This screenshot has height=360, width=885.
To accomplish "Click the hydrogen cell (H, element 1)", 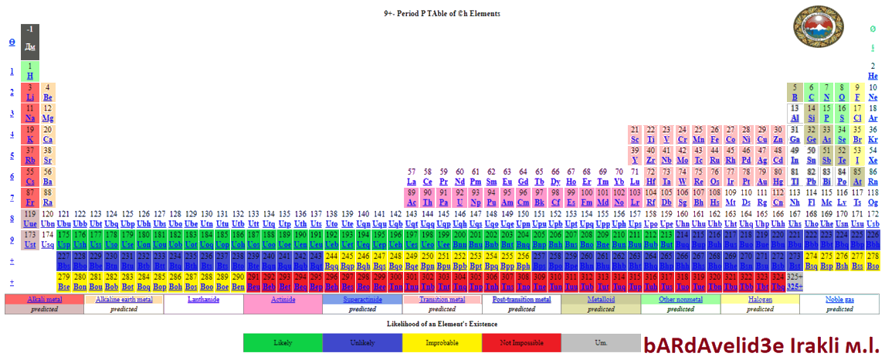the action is click(29, 71).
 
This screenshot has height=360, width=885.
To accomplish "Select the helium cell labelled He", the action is click(873, 71).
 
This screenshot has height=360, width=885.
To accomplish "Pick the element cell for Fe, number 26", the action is click(714, 134).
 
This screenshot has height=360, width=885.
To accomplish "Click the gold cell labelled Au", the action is click(763, 176).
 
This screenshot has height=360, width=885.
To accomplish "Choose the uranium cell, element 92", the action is click(459, 197).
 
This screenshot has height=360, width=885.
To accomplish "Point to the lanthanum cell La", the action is click(412, 176).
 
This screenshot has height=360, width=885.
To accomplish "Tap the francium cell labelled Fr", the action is click(29, 197).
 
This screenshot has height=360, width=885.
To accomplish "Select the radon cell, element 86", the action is click(873, 176).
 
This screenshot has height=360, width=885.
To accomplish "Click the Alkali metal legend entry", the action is click(43, 299).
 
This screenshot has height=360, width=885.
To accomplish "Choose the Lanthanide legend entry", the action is click(203, 299).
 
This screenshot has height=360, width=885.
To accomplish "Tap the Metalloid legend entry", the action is click(601, 299).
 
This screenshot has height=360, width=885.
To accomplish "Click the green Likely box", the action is click(282, 342).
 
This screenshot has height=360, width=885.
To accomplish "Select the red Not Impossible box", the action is click(521, 342).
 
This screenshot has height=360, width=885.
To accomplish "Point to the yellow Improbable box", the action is click(442, 342).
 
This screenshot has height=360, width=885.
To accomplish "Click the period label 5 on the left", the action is click(11, 155).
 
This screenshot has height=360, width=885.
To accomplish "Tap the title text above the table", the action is click(442, 14).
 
